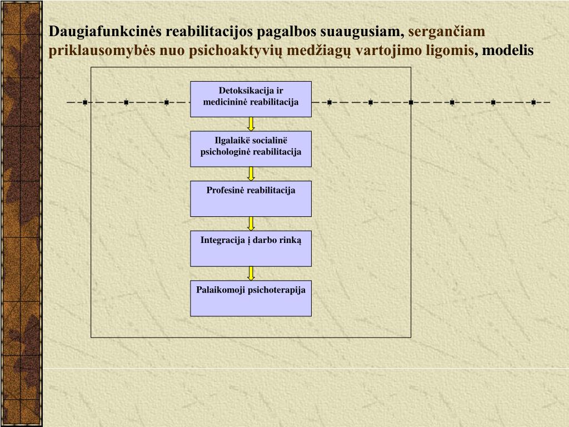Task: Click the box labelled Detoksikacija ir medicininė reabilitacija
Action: [251, 99]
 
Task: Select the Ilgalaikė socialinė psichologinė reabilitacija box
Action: [251, 148]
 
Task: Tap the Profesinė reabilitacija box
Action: [251, 198]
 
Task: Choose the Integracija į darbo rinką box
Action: [251, 249]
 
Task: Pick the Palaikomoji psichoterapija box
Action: [251, 298]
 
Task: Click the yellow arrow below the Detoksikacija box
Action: [251, 124]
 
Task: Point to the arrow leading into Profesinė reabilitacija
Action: [251, 173]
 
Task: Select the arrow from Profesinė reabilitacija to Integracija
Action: [251, 224]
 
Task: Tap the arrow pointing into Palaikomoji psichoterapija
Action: [251, 273]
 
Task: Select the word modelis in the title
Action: [507, 51]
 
